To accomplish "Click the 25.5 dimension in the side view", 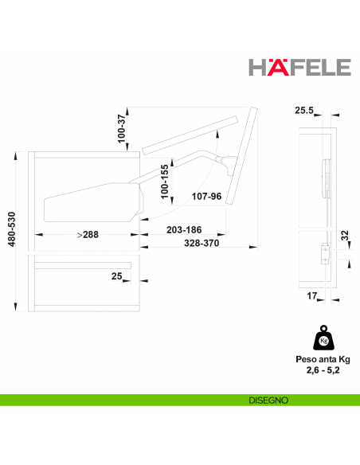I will [303, 111].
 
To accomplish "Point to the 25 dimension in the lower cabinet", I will [116, 275].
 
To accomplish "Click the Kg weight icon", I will [323, 341].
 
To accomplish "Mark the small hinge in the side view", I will [324, 252].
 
